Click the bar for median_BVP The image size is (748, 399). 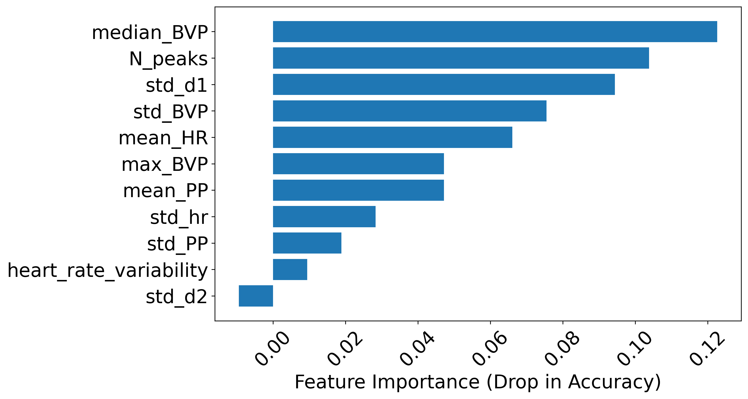495,32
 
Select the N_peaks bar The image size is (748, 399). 461,58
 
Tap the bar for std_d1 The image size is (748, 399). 444,85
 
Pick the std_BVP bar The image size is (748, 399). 409,111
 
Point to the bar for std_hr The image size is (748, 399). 324,217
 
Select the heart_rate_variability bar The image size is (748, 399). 290,269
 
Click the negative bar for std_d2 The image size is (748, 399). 256,296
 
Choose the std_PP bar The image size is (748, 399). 307,243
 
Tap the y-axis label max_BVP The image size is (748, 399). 165,164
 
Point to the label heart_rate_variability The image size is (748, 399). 108,270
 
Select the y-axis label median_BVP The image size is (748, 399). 150,33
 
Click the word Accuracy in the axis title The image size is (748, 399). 610,382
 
